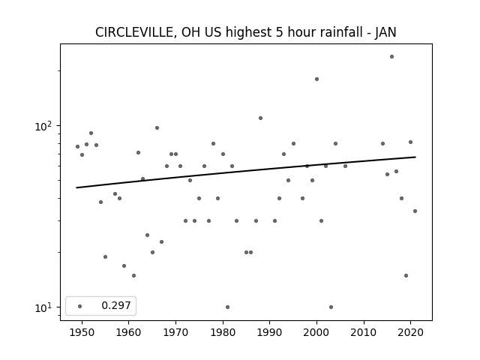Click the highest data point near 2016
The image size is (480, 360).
(x=391, y=57)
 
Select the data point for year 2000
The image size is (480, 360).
(x=316, y=79)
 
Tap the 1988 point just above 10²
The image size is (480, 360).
(x=260, y=118)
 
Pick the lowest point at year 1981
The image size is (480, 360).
(x=227, y=307)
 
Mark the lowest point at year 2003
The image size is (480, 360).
(x=331, y=307)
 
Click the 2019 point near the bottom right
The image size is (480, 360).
(x=406, y=275)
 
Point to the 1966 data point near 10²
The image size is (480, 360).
(x=157, y=128)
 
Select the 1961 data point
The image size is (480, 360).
(x=133, y=275)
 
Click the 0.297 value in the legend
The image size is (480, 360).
(x=116, y=305)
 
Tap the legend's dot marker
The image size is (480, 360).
(x=80, y=306)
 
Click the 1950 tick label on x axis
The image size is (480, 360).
(x=82, y=333)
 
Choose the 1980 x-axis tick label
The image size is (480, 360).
(x=223, y=333)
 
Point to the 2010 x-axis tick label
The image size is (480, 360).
(x=364, y=333)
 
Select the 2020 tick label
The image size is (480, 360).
(x=410, y=333)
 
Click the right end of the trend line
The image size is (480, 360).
(x=415, y=157)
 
